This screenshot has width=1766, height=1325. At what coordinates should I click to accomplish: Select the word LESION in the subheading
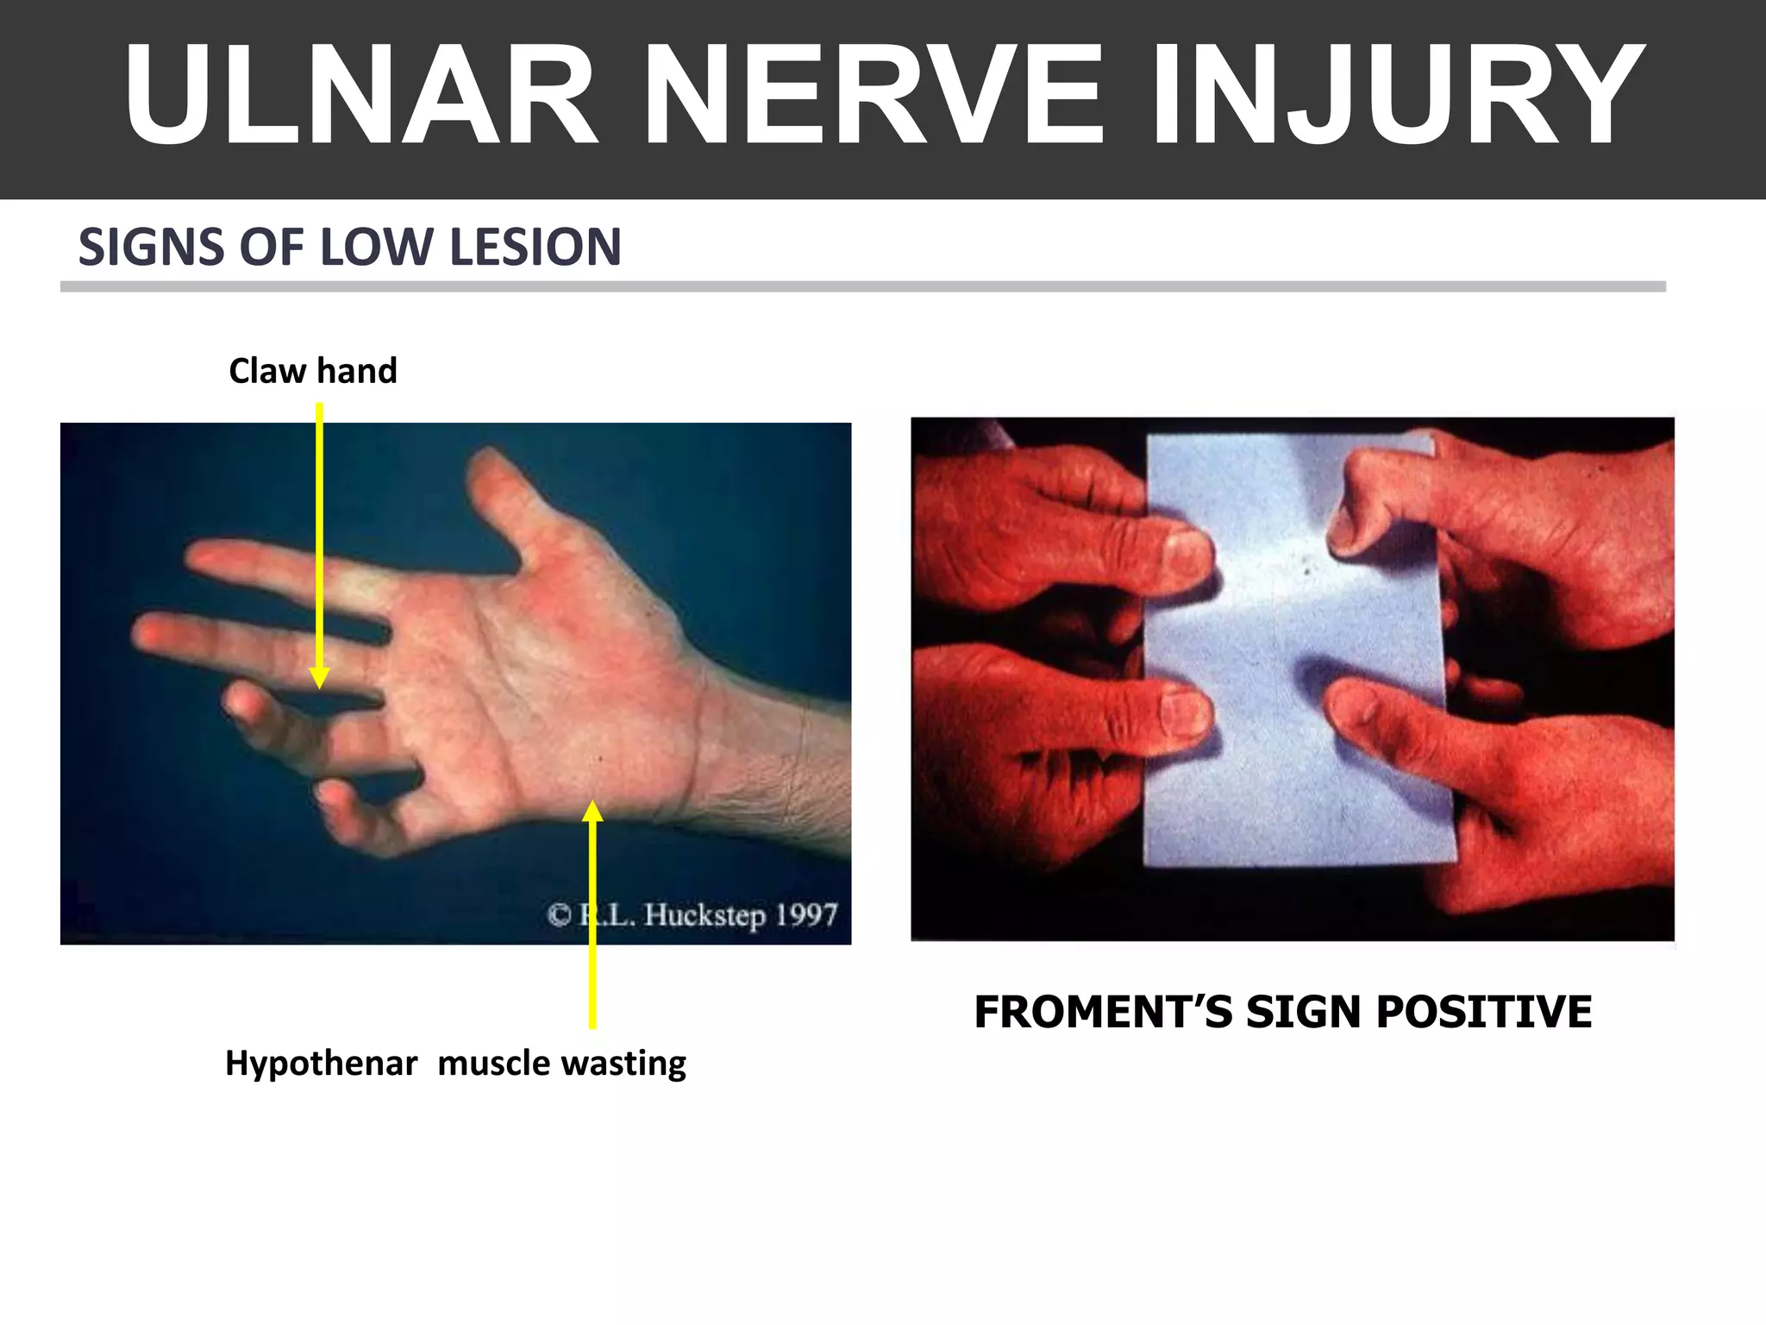[x=535, y=248]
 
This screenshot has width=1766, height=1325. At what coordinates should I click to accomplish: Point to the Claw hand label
[x=312, y=371]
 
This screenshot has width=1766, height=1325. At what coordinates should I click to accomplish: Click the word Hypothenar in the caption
[x=321, y=1063]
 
